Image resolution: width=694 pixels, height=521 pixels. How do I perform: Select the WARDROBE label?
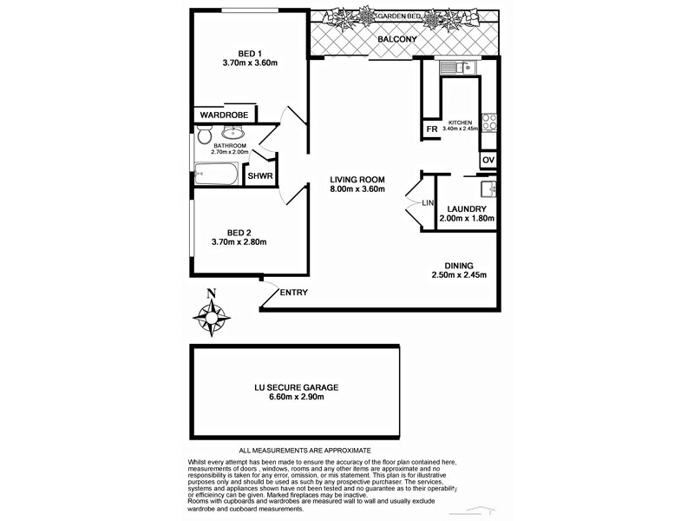pyautogui.click(x=225, y=115)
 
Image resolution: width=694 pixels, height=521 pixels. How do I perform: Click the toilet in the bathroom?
pyautogui.click(x=203, y=137)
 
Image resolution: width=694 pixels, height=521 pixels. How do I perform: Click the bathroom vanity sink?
pyautogui.click(x=232, y=133)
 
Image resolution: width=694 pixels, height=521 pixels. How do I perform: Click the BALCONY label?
pyautogui.click(x=398, y=40)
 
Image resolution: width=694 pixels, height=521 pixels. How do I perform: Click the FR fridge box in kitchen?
pyautogui.click(x=430, y=130)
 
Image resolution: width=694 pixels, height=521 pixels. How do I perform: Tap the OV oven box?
pyautogui.click(x=488, y=160)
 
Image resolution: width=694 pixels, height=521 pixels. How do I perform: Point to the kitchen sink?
pyautogui.click(x=453, y=66)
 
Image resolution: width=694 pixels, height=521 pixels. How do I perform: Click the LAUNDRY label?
pyautogui.click(x=465, y=208)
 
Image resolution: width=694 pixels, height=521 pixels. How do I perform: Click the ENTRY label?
pyautogui.click(x=293, y=293)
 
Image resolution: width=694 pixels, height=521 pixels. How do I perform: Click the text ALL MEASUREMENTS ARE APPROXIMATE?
pyautogui.click(x=304, y=451)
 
